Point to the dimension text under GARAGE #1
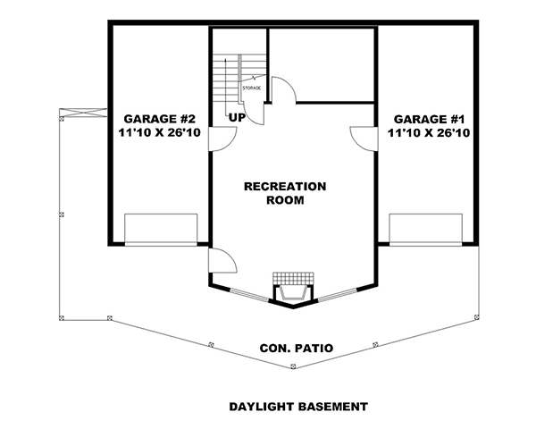coord(429,132)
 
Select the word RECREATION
coord(285,186)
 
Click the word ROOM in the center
coord(285,201)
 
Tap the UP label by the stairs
coord(237,118)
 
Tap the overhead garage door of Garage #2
coord(161,229)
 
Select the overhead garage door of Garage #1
coord(425,229)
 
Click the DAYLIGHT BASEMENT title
coord(297,407)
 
